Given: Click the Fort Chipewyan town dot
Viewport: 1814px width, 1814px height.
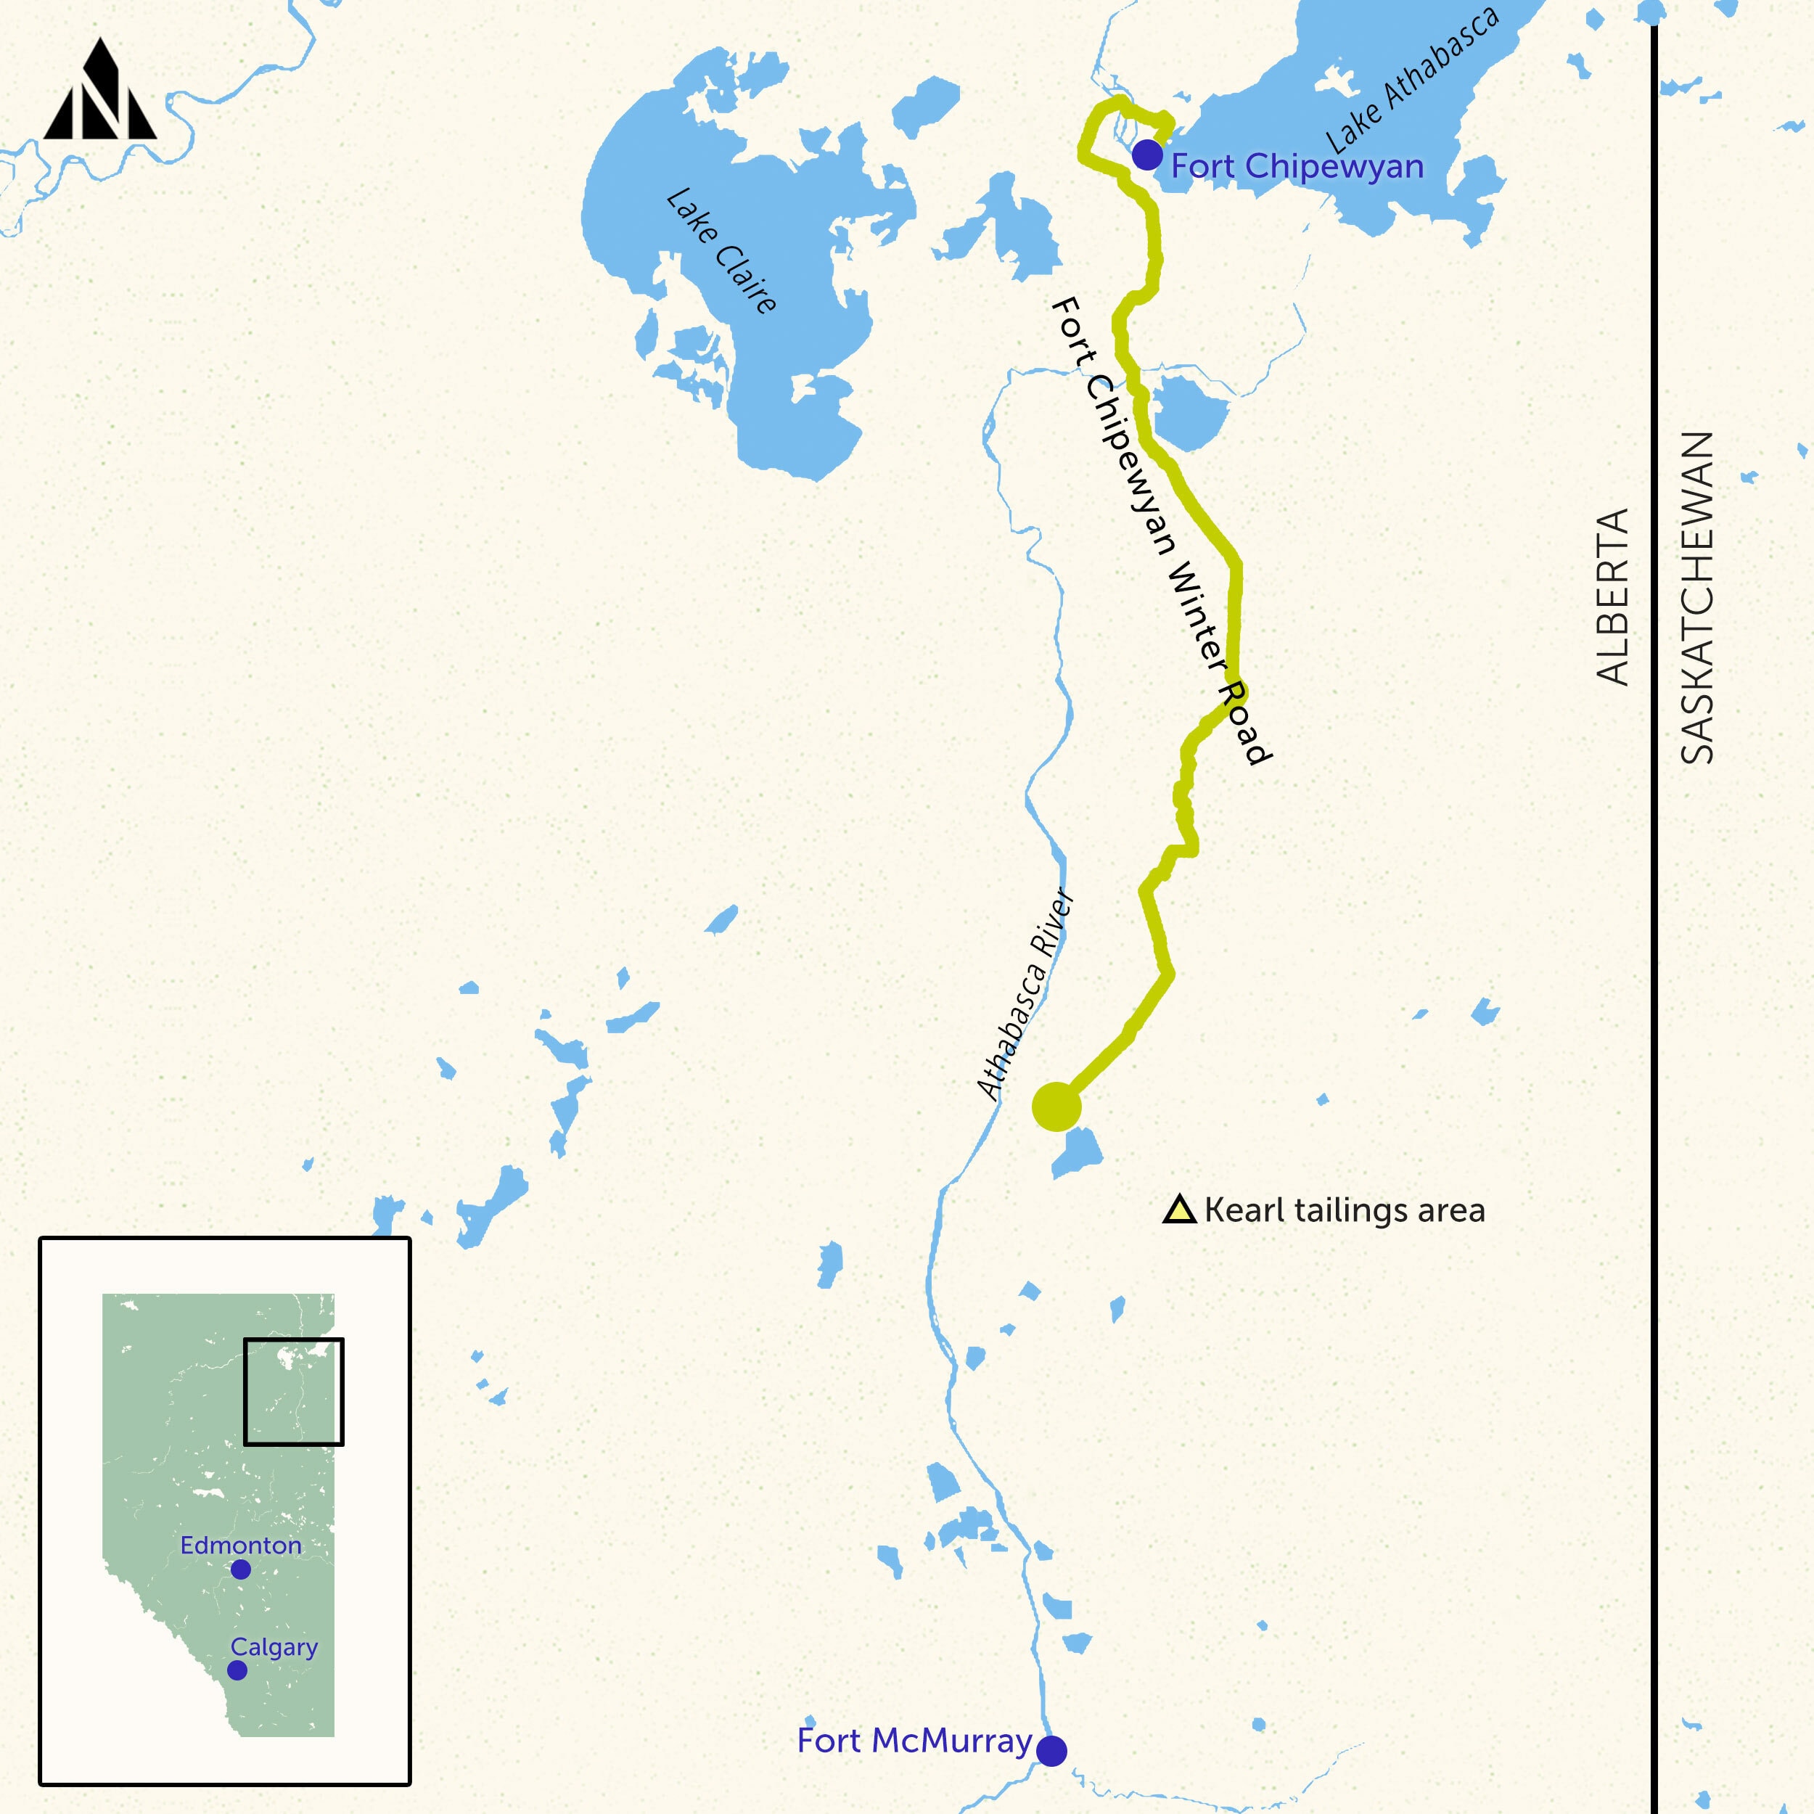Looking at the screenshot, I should [1146, 155].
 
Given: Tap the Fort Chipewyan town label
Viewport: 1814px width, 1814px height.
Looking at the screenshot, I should [1297, 166].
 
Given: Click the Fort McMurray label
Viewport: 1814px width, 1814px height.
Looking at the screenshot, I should [914, 1740].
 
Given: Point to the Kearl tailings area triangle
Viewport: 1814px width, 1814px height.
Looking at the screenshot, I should [1179, 1210].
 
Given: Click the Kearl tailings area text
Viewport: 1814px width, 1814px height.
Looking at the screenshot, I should [1345, 1210].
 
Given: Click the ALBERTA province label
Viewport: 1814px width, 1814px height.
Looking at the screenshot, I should [1612, 596].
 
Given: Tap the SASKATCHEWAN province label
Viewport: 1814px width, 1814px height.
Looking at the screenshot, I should [1696, 598].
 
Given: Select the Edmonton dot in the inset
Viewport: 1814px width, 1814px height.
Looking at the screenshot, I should [240, 1569].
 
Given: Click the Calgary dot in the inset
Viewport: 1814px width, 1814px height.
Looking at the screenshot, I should [237, 1670].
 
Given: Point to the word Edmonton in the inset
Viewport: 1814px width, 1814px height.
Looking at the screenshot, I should [242, 1545].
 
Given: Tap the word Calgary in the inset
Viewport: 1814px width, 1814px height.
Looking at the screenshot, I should [274, 1647].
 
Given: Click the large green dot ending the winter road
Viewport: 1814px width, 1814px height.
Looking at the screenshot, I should [1056, 1107].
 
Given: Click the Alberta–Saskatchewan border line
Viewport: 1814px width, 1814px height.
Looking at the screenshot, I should [1654, 939].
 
